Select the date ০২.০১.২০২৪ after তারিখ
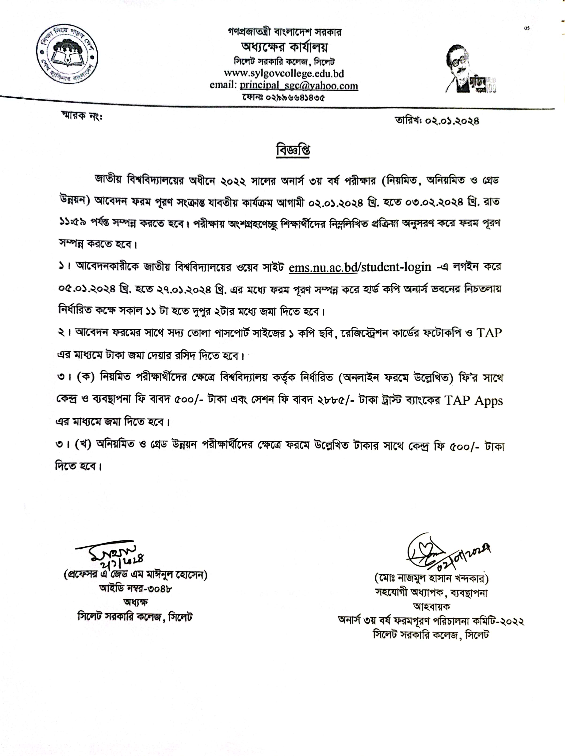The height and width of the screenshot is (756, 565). point(452,121)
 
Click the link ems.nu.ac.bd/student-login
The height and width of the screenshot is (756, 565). point(360,266)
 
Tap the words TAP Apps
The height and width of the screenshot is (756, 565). point(473,400)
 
